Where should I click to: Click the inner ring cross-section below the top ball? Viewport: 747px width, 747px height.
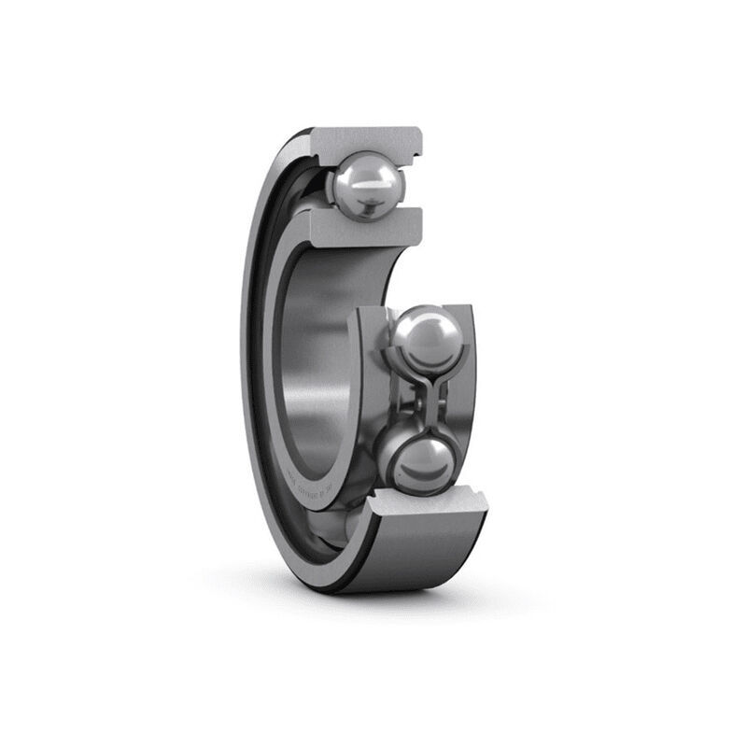pos(364,227)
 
